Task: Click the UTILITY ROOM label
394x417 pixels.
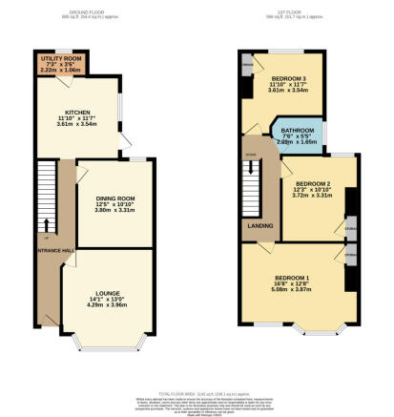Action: (x=59, y=58)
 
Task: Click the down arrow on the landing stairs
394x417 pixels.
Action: (x=251, y=158)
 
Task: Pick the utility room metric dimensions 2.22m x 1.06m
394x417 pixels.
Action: (x=59, y=70)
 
